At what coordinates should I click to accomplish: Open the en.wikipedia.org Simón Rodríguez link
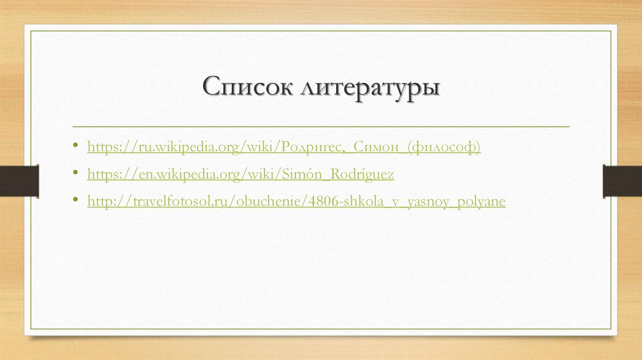pyautogui.click(x=240, y=174)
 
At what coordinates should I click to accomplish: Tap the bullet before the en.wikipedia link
pyautogui.click(x=75, y=174)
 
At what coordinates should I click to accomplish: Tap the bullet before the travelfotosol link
pyautogui.click(x=75, y=201)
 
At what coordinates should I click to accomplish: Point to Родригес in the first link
pyautogui.click(x=313, y=147)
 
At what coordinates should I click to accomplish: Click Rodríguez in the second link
pyautogui.click(x=363, y=174)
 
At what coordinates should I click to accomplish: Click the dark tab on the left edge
pyautogui.click(x=19, y=181)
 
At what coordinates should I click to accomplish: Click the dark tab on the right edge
pyautogui.click(x=623, y=181)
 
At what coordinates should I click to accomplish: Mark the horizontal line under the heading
pyautogui.click(x=321, y=127)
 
